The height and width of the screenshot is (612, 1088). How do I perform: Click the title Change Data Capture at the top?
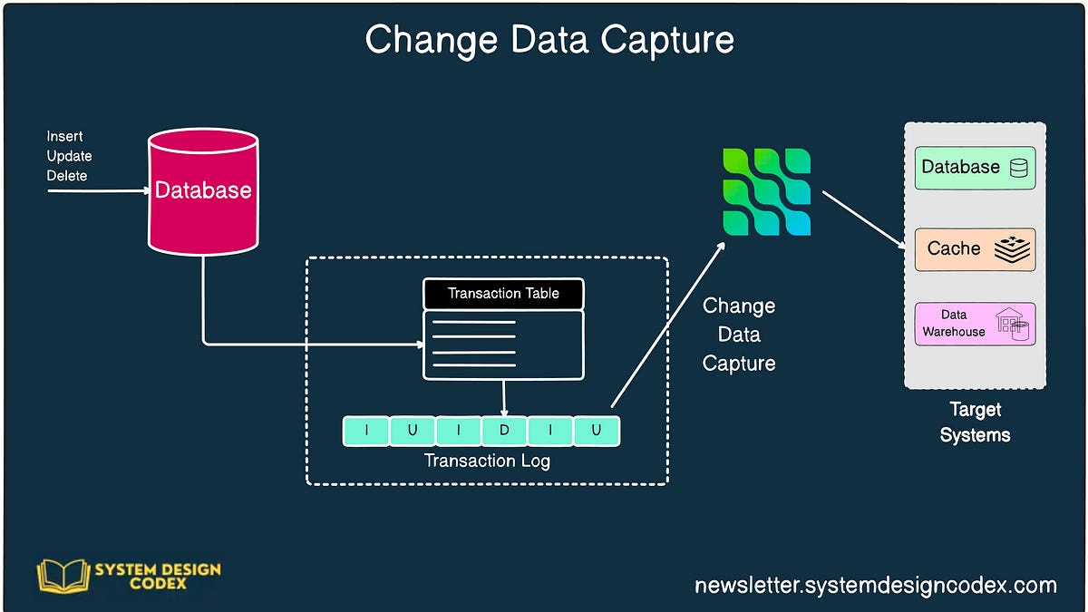click(549, 40)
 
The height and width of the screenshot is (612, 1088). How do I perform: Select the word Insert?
click(65, 136)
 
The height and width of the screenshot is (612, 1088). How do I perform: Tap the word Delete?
click(67, 175)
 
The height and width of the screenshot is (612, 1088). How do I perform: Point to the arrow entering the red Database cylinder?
click(100, 191)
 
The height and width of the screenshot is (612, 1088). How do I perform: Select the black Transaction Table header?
click(503, 294)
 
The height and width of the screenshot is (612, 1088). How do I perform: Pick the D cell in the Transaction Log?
click(504, 431)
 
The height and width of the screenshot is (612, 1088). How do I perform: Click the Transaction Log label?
click(487, 461)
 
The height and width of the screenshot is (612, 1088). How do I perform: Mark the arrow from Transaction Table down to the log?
click(504, 396)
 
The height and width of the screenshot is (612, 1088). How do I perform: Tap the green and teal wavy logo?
click(767, 192)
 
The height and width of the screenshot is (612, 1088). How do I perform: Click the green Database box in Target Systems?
click(975, 168)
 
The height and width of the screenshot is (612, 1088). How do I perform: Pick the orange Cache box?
click(975, 249)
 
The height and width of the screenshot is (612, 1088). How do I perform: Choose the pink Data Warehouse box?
click(975, 324)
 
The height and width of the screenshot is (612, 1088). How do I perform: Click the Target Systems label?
click(975, 423)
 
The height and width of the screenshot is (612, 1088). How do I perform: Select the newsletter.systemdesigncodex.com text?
click(876, 586)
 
